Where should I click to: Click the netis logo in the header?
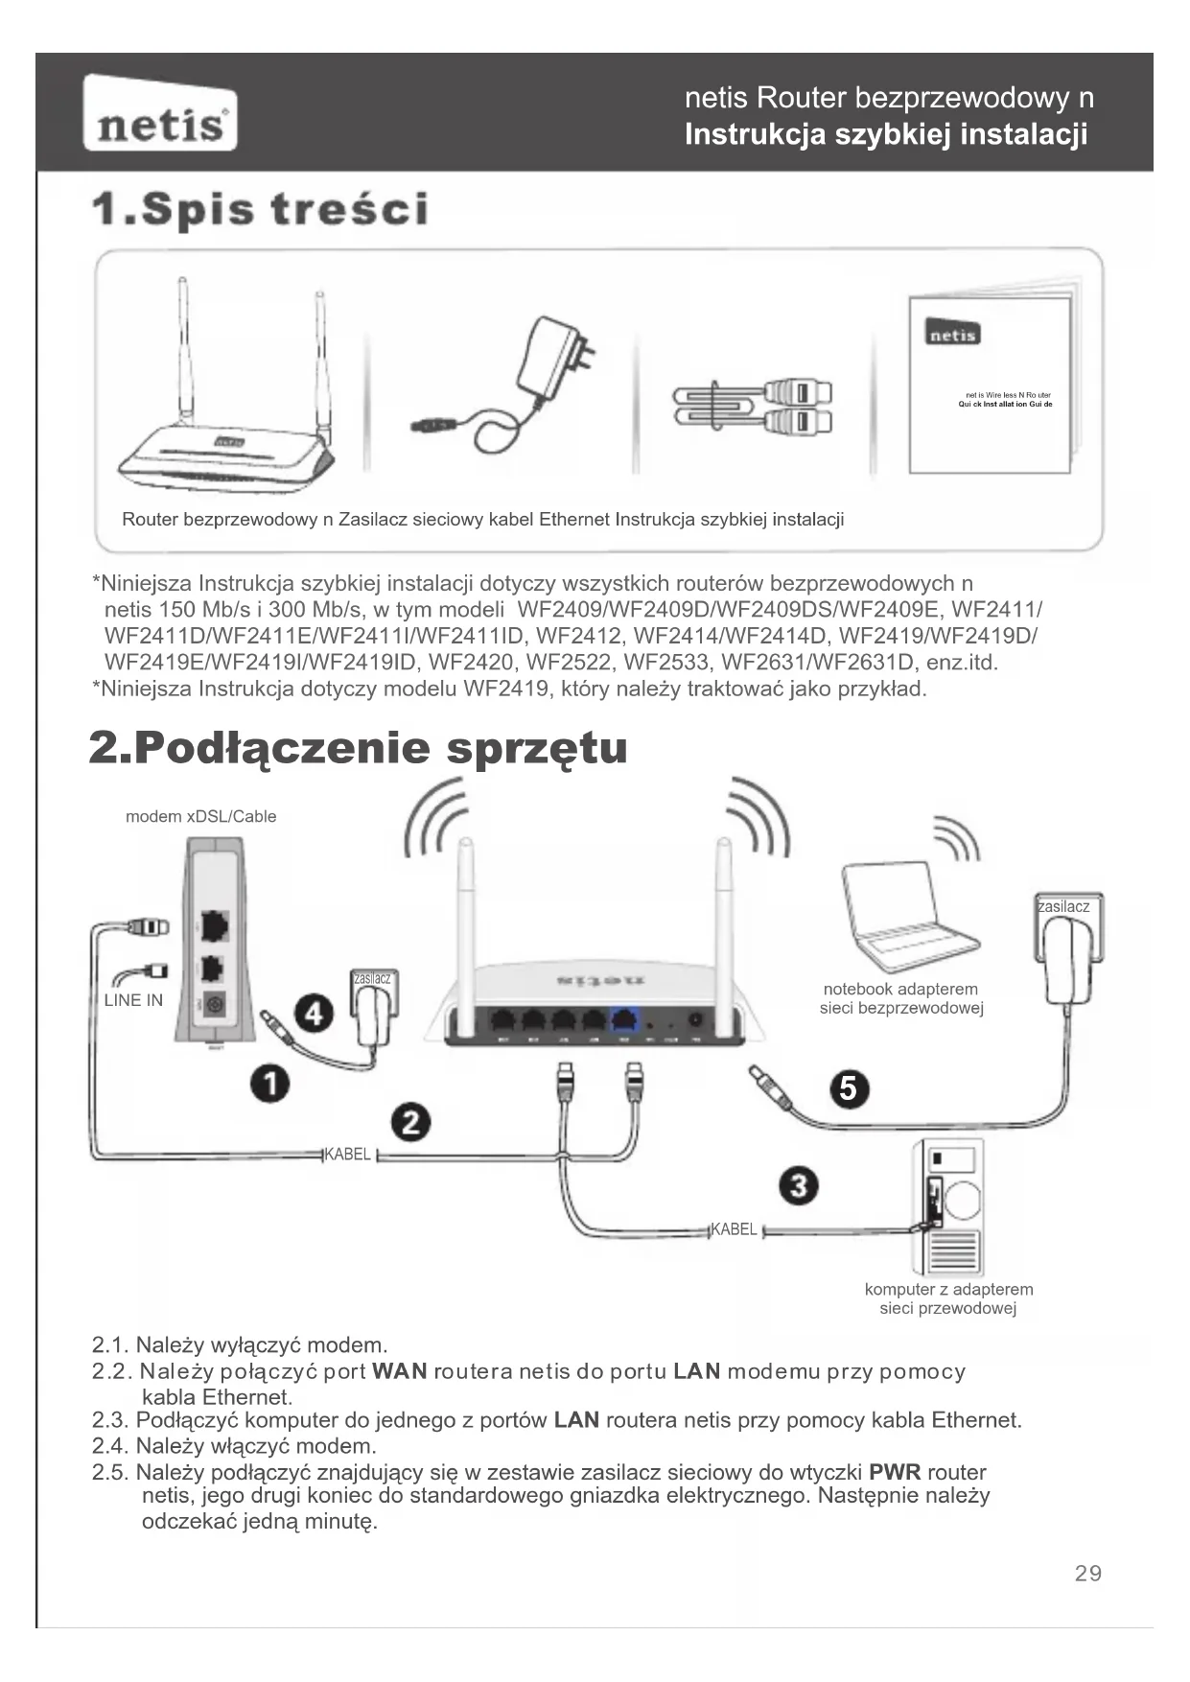tap(160, 114)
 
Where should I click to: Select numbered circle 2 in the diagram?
tap(410, 1122)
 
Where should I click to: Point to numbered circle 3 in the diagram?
tap(799, 1186)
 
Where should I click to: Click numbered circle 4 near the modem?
tap(314, 1013)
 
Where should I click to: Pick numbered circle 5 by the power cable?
tap(849, 1088)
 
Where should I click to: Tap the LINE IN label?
tap(133, 1000)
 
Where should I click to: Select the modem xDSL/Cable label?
tap(200, 816)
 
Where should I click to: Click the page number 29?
tap(1088, 1573)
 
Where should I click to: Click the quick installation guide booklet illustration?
tap(992, 384)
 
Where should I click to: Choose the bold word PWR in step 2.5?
tap(895, 1472)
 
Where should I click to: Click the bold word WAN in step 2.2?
tap(399, 1371)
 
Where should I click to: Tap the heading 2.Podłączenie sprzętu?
tap(359, 748)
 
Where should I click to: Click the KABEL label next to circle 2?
tap(347, 1154)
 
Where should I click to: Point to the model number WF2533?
tap(662, 662)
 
